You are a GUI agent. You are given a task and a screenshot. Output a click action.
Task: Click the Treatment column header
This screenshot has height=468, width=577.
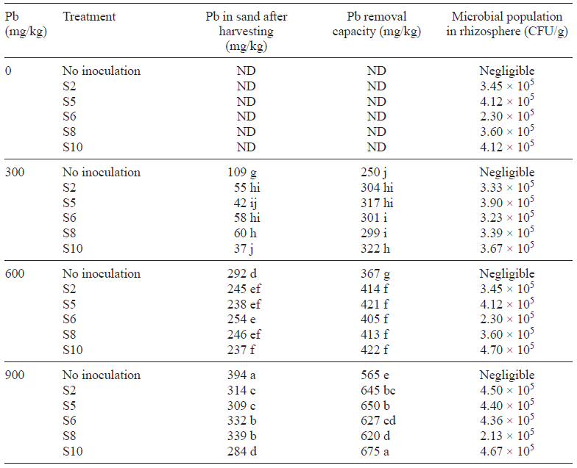tap(89, 16)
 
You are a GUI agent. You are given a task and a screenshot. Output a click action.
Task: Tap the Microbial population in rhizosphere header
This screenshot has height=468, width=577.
tap(507, 24)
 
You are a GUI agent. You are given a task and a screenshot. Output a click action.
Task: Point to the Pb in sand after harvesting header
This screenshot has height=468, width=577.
tap(245, 31)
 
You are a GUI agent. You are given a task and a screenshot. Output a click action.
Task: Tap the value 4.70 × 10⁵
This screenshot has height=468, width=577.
tap(507, 349)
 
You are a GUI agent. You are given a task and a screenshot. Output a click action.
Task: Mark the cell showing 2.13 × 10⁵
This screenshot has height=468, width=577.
tap(507, 435)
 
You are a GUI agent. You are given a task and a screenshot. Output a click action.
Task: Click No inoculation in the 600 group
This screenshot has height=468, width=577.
tap(102, 274)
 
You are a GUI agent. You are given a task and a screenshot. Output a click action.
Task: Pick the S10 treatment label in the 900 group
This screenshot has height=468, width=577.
tap(73, 450)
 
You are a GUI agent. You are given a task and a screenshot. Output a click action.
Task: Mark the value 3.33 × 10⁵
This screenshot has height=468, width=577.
tap(507, 187)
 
